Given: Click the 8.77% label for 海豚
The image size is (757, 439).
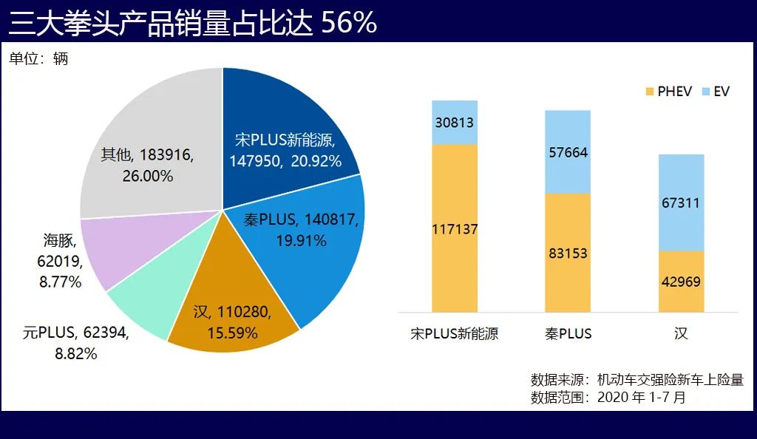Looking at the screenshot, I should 59,282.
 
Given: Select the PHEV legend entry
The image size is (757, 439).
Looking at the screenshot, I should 668,91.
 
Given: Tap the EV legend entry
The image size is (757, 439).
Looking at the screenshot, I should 715,91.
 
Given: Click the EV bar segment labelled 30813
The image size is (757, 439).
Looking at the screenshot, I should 455,123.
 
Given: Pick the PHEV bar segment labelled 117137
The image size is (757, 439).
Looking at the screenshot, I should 455,229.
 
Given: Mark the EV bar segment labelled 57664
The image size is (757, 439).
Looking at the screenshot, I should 568,152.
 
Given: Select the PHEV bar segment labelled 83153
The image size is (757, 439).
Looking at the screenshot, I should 568,253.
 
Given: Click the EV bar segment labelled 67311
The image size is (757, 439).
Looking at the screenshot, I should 681,203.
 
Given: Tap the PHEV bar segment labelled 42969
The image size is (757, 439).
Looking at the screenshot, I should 681,282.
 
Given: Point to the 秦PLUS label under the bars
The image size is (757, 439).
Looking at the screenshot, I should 568,333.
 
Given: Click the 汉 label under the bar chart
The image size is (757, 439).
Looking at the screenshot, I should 681,333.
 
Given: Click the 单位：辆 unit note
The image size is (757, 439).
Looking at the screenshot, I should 38,58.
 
